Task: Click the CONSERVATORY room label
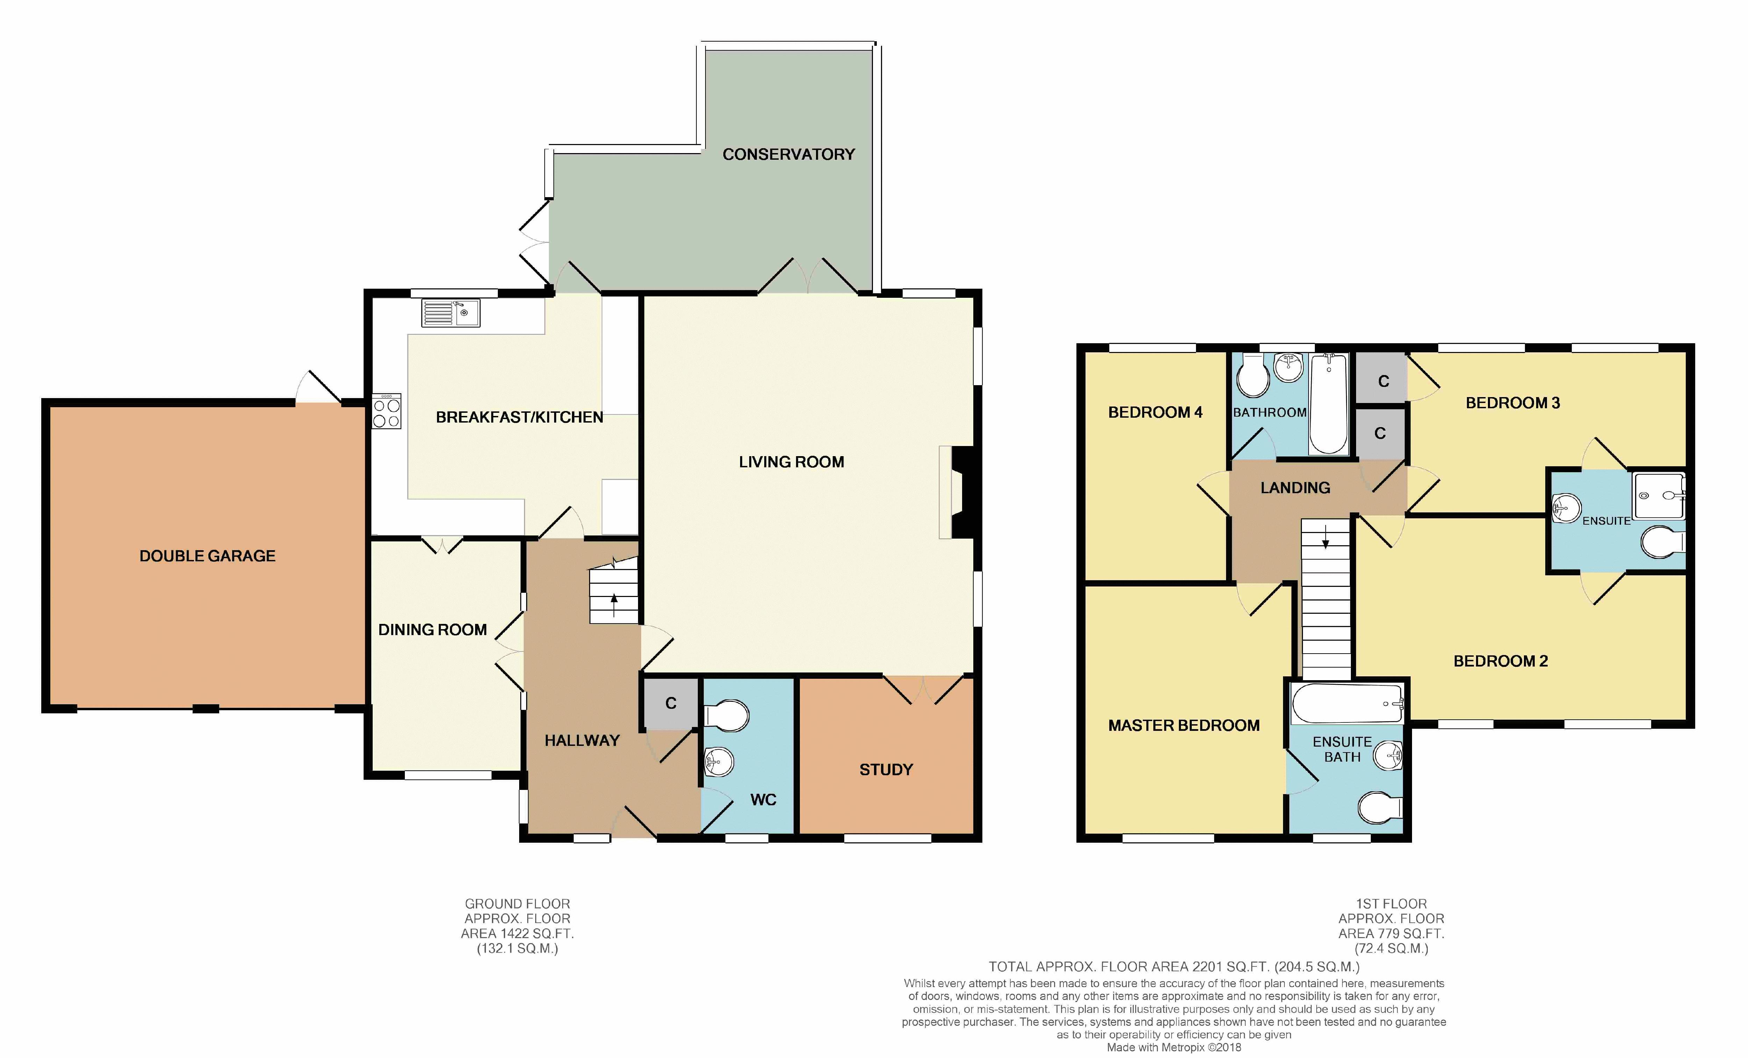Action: coord(788,154)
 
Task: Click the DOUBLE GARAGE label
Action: coord(207,556)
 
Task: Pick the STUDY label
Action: coord(886,769)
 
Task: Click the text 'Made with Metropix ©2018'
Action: coord(1174,1048)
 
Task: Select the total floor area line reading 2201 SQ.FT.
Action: coord(1174,966)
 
